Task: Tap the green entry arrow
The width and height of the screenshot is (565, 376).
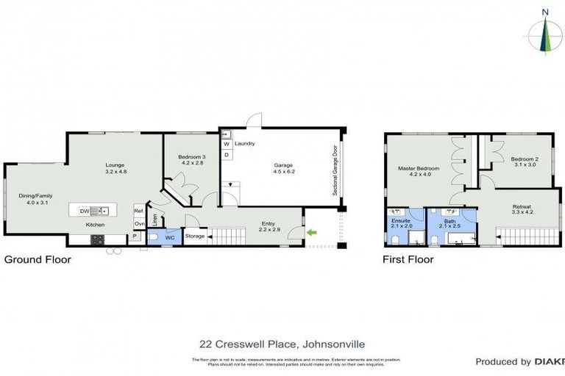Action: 311,234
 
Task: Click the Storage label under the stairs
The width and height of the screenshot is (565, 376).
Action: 195,236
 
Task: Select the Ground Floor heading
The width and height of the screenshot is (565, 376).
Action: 38,259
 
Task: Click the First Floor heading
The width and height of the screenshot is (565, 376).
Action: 408,259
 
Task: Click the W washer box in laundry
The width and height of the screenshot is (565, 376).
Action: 227,144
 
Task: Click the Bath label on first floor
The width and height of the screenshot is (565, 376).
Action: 449,220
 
